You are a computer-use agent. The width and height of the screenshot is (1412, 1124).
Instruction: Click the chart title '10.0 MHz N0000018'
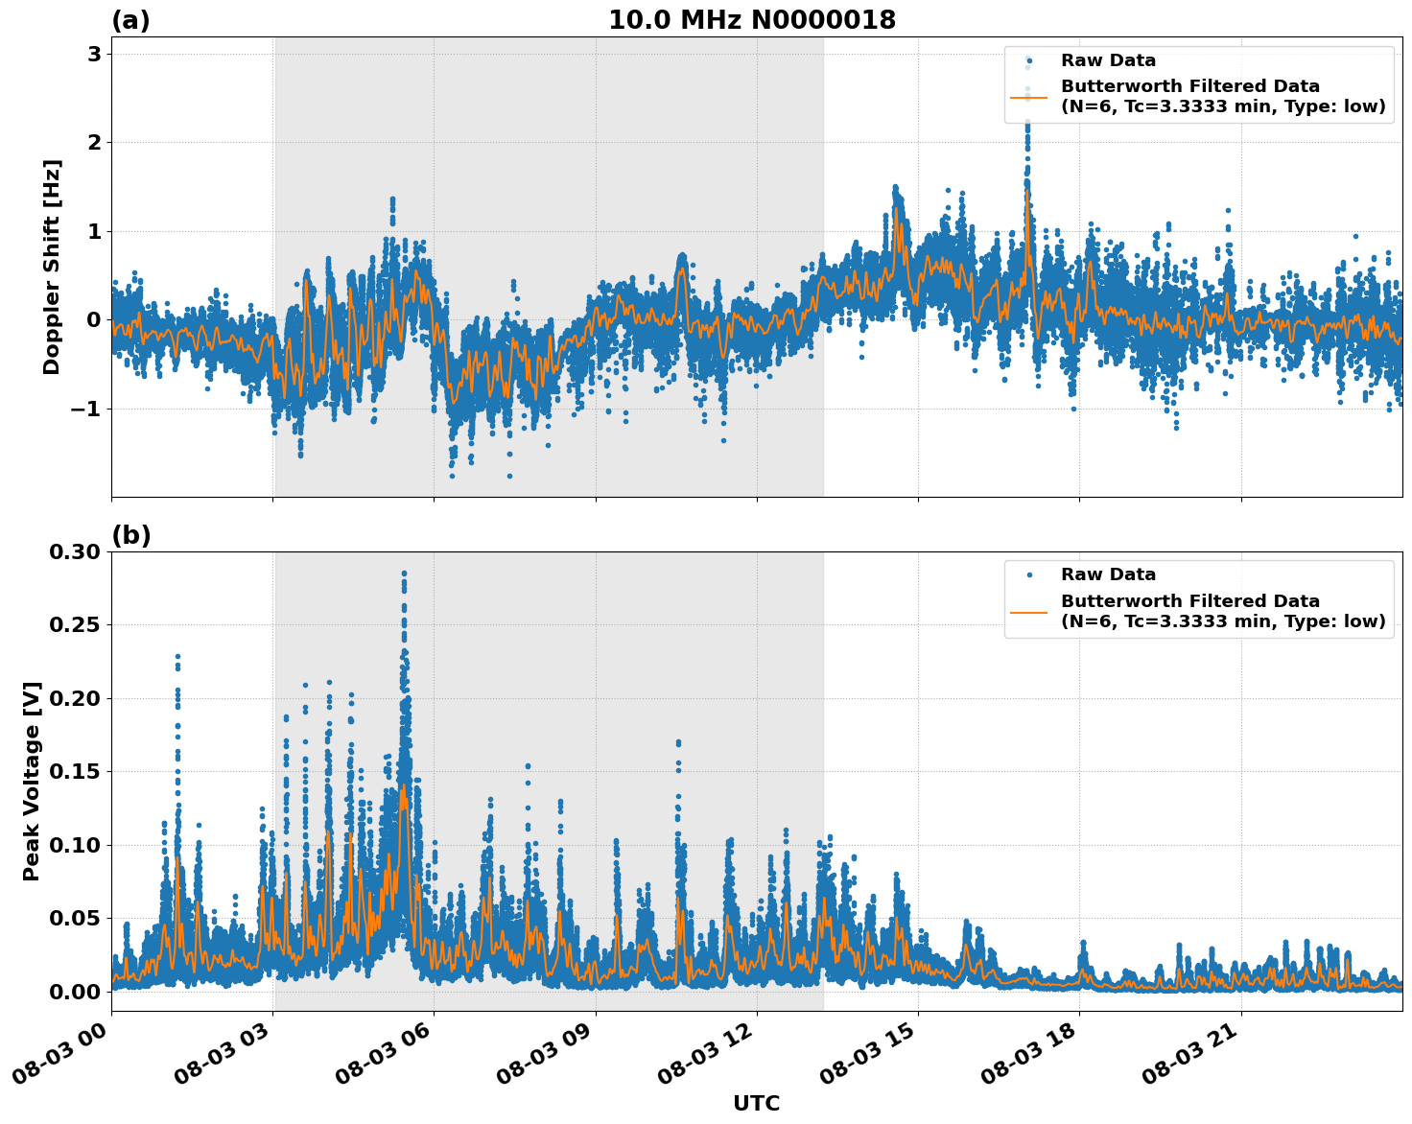(752, 20)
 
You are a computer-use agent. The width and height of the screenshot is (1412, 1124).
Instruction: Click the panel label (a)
(130, 20)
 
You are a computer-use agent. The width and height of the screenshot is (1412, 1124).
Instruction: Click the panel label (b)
(130, 535)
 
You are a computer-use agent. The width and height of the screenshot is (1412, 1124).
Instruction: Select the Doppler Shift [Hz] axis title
(52, 267)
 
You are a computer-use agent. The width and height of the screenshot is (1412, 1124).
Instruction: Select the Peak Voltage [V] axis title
(32, 781)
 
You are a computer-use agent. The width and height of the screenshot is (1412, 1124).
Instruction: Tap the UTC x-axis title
(756, 1103)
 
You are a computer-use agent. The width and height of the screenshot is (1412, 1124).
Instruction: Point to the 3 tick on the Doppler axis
(94, 54)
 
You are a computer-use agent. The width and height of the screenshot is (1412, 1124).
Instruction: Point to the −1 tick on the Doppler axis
(86, 409)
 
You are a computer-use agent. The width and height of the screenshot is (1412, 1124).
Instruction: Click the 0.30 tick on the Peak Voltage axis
(73, 551)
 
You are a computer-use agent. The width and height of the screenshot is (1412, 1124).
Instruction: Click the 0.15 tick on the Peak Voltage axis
(73, 771)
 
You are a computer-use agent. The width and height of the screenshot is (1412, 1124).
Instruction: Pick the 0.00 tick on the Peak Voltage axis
(73, 991)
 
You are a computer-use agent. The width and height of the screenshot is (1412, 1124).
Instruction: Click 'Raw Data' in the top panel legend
(1108, 60)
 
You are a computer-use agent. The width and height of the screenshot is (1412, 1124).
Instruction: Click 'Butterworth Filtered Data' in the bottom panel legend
(1189, 601)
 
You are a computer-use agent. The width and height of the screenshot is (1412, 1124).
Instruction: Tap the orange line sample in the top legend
(1028, 96)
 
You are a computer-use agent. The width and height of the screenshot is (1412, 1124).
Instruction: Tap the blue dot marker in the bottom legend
(1028, 574)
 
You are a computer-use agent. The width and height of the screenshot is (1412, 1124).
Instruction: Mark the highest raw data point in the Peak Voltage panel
(404, 574)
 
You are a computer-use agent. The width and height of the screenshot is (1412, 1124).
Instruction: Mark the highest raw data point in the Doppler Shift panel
(1027, 66)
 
